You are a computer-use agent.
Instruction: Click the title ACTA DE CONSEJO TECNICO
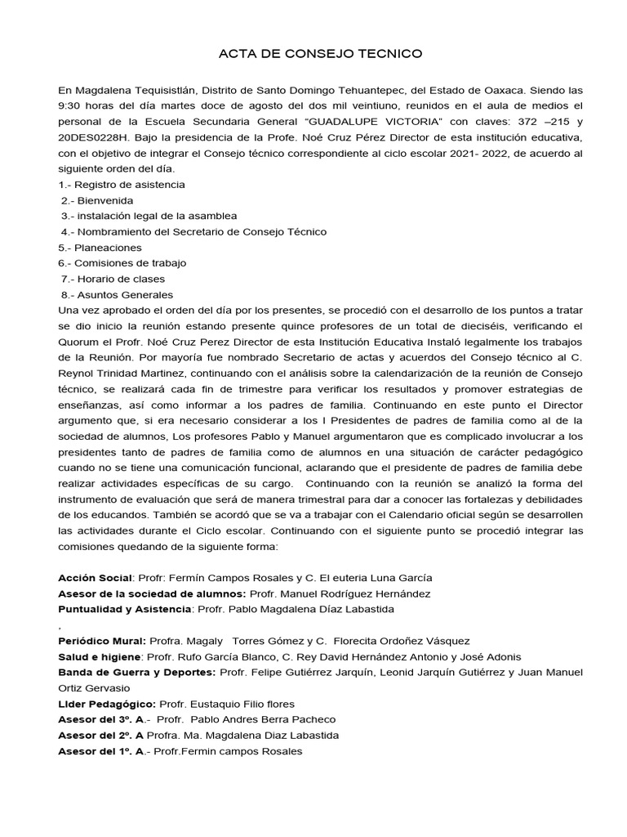click(320, 54)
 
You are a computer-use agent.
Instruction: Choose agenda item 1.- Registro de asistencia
click(122, 184)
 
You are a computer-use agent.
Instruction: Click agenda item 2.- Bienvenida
click(97, 200)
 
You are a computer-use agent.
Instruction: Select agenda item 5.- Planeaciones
click(100, 247)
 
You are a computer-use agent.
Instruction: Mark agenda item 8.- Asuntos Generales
click(118, 294)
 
